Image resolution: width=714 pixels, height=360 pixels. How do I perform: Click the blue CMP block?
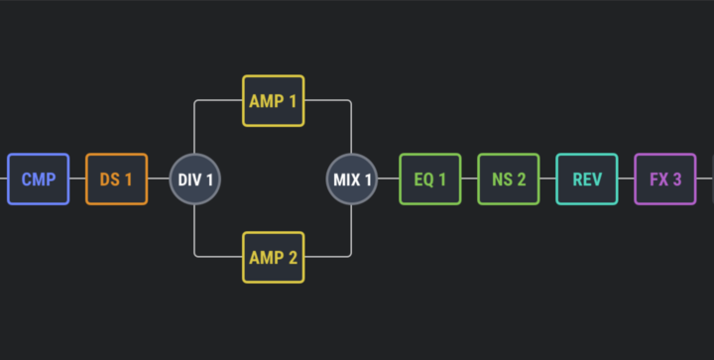pyautogui.click(x=39, y=179)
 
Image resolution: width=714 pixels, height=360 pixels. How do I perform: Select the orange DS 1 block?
pyautogui.click(x=117, y=179)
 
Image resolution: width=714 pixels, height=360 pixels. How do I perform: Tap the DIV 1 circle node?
pyautogui.click(x=195, y=179)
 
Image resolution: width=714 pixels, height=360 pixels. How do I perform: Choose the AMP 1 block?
pyautogui.click(x=274, y=100)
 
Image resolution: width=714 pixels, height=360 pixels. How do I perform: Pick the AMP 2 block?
pyautogui.click(x=274, y=257)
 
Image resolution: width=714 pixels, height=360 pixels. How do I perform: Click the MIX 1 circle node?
pyautogui.click(x=351, y=179)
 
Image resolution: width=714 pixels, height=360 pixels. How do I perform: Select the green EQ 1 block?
pyautogui.click(x=429, y=179)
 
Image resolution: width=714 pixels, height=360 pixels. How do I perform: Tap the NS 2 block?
pyautogui.click(x=508, y=179)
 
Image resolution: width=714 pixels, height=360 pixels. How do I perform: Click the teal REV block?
pyautogui.click(x=586, y=179)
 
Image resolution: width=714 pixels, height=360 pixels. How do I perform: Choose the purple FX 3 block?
pyautogui.click(x=664, y=179)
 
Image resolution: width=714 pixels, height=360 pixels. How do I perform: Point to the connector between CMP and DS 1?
pyautogui.click(x=77, y=179)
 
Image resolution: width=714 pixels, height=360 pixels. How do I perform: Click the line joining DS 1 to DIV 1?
pyautogui.click(x=159, y=179)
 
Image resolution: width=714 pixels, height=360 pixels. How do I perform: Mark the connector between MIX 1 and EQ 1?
pyautogui.click(x=389, y=179)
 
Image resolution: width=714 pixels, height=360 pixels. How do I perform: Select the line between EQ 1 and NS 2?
pyautogui.click(x=469, y=179)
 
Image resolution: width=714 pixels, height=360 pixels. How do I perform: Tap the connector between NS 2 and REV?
pyautogui.click(x=547, y=179)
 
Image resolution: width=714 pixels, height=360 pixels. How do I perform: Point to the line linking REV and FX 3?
pyautogui.click(x=626, y=179)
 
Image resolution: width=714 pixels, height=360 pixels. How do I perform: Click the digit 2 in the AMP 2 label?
pyautogui.click(x=293, y=258)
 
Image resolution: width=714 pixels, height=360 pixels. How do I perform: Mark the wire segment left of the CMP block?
pyautogui.click(x=4, y=179)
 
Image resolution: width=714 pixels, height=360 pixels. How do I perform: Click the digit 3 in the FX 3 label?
pyautogui.click(x=677, y=180)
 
